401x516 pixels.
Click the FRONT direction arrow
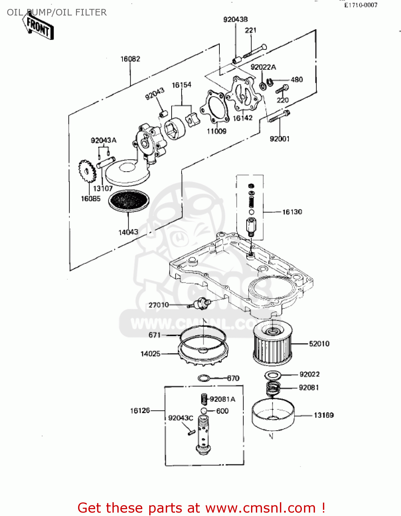coord(38,27)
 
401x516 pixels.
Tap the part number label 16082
coord(130,59)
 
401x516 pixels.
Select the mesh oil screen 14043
coord(129,200)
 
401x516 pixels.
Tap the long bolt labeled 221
coord(255,51)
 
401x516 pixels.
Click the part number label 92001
coord(280,139)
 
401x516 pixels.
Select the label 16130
coord(292,212)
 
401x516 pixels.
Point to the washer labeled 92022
coord(273,375)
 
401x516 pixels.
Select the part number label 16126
coord(140,410)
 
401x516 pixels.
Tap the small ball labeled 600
coord(204,411)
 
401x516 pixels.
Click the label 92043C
coord(181,418)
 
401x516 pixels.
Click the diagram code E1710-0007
coord(361,5)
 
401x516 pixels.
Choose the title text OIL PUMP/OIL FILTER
coord(57,12)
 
